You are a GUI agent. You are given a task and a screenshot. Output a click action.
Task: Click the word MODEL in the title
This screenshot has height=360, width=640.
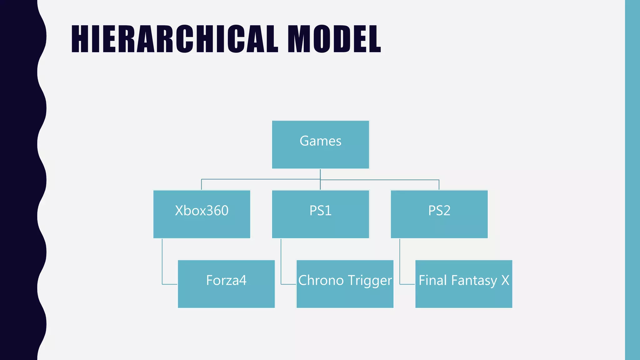click(334, 39)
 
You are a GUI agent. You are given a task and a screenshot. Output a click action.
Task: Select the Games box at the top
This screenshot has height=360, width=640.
click(320, 145)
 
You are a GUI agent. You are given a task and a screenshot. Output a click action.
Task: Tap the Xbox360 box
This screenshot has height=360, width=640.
click(202, 214)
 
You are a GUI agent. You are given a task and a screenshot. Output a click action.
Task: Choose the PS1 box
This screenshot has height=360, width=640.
click(320, 214)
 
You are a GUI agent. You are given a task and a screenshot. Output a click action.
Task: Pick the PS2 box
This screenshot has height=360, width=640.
click(439, 214)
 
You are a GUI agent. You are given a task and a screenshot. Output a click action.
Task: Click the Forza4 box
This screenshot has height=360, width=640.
click(226, 284)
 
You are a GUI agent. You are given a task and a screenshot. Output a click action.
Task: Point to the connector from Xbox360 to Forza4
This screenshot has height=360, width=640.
click(162, 262)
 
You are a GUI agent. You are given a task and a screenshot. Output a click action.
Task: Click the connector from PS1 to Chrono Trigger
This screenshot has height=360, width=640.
click(281, 262)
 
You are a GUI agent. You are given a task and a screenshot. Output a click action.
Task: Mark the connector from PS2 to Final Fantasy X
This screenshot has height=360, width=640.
click(400, 262)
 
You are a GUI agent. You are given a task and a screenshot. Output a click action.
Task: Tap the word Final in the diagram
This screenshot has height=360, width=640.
click(432, 280)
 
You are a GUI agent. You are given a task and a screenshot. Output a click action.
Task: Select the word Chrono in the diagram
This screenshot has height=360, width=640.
click(321, 280)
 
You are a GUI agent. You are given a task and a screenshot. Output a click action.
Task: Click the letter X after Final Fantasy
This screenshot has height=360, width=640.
click(505, 280)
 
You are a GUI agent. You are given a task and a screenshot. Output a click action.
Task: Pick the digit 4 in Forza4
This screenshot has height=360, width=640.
click(242, 280)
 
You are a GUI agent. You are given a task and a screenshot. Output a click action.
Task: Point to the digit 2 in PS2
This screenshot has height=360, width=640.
click(447, 211)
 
